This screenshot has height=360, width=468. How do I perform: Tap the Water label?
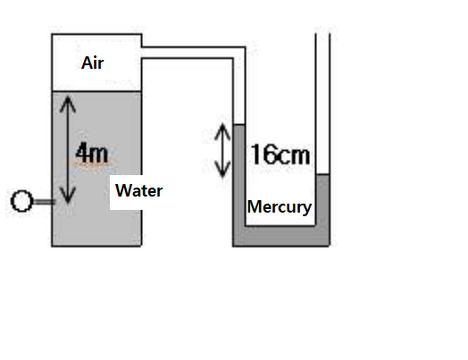tap(139, 190)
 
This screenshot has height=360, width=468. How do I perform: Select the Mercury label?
tap(280, 207)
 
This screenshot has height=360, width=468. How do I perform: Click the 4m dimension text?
tap(93, 153)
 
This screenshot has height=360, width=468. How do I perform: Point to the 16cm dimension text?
tap(280, 155)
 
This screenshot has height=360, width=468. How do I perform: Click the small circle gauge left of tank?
tap(22, 201)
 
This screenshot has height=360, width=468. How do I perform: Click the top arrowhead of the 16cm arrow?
tap(222, 126)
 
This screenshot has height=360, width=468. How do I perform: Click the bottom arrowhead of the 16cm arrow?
tap(222, 173)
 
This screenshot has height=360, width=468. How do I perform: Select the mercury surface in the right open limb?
tap(323, 176)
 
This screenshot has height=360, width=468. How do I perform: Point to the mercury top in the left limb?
tap(238, 123)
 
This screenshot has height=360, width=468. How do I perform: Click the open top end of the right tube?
tap(323, 36)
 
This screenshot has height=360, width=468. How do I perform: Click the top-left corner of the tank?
tap(52, 34)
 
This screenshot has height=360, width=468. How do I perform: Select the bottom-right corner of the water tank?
tap(142, 245)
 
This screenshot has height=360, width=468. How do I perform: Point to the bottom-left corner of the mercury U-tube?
tap(234, 244)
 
